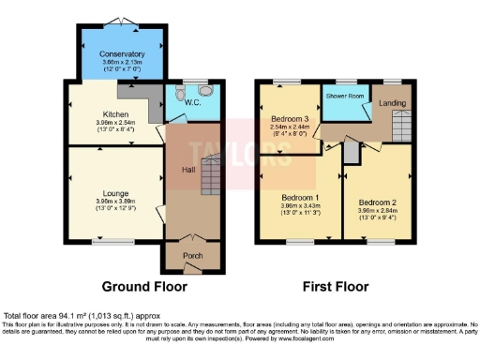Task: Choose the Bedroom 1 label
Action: tap(300, 198)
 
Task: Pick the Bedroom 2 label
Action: tap(377, 202)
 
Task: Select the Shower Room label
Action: tap(344, 96)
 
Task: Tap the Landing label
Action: tap(393, 103)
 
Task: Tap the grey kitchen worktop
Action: tap(131, 91)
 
